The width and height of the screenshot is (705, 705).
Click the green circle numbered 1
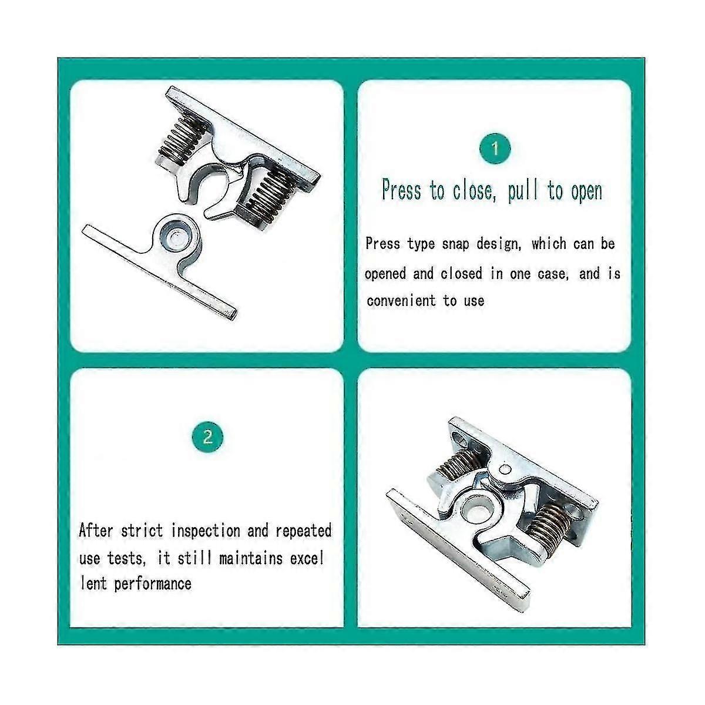495,149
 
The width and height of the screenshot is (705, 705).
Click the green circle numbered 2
207,437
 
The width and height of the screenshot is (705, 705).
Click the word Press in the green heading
401,191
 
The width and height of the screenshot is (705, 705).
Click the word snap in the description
456,244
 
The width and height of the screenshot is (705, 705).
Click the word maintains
251,558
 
